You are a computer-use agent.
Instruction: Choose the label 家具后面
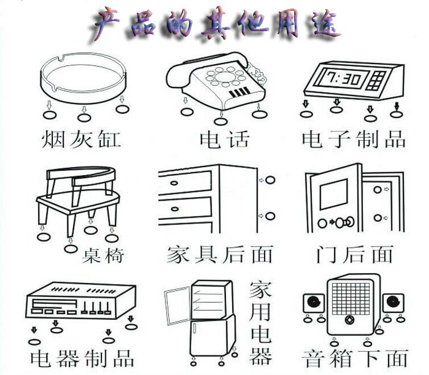click(x=220, y=254)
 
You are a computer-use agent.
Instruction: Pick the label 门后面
click(x=354, y=254)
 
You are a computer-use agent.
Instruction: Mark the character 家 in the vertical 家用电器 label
click(x=261, y=290)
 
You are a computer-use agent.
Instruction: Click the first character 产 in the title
click(x=108, y=24)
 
